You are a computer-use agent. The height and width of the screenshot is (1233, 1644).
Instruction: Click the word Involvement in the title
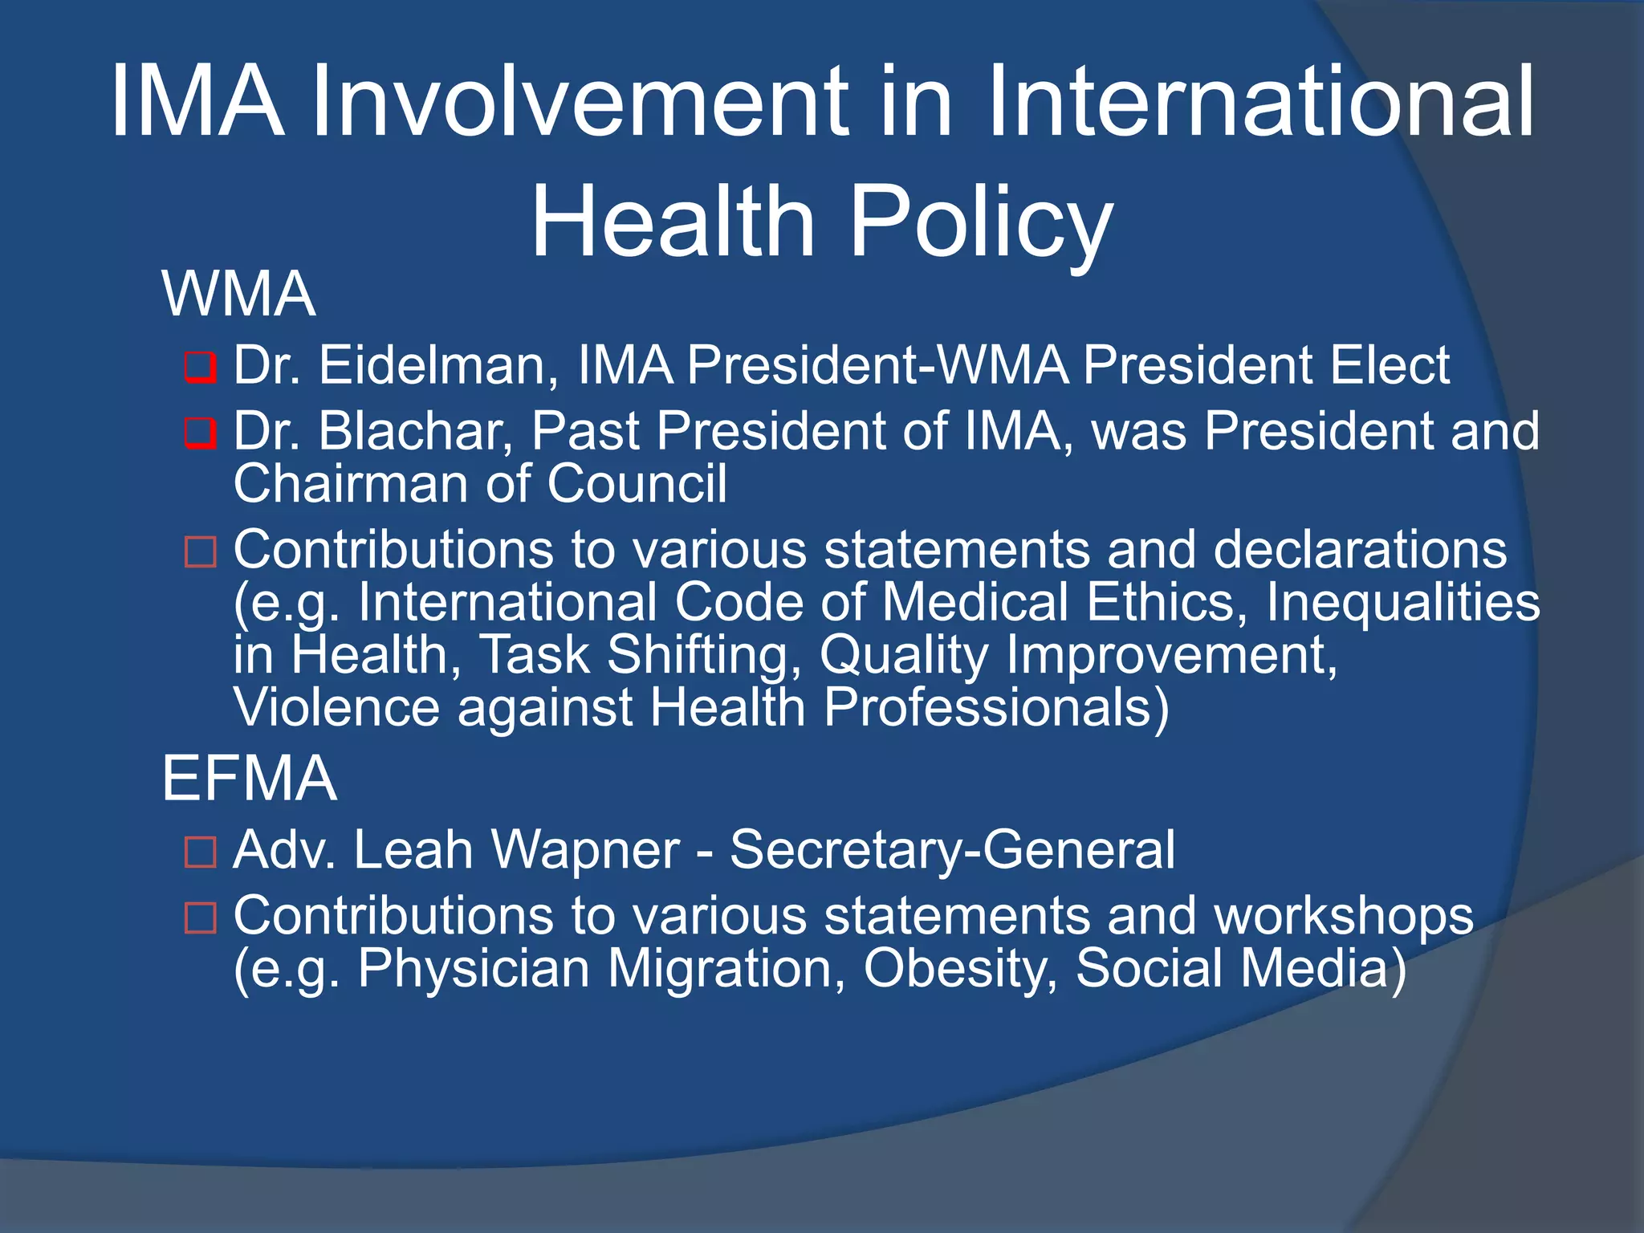point(579,103)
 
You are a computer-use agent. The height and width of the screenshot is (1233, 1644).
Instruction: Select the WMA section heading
point(238,295)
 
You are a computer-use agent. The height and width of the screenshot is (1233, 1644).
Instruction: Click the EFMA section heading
point(249,779)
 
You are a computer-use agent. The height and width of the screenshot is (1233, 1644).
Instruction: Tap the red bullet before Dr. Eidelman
point(200,368)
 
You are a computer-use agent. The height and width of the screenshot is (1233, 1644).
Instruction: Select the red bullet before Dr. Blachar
point(200,433)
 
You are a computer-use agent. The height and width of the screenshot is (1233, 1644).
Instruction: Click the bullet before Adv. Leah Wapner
point(200,853)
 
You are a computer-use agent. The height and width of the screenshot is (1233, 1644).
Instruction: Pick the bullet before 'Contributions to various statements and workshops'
point(200,918)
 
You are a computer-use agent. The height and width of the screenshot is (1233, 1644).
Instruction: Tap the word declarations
point(1360,550)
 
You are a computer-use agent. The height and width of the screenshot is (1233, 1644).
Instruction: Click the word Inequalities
point(1402,603)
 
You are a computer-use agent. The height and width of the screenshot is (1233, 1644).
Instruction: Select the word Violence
point(336,708)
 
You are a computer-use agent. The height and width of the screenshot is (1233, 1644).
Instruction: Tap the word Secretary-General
point(952,850)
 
